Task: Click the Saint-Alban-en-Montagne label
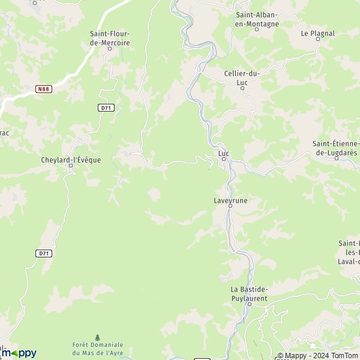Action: point(257,20)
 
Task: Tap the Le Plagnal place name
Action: point(317,34)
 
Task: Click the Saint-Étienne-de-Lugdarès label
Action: point(336,148)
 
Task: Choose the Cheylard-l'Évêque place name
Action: point(71,160)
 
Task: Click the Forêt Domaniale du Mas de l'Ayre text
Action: point(98,349)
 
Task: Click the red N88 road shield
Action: point(43,89)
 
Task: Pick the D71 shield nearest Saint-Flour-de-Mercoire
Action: point(106,108)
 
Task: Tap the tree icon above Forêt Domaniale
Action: point(98,338)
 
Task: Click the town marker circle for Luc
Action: point(224,160)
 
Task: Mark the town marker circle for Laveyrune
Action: point(230,206)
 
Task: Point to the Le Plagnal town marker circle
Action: point(318,40)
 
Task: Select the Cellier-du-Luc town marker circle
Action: point(242,88)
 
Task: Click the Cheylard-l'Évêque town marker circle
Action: point(71,166)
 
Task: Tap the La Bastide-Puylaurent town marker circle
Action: point(248,304)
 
